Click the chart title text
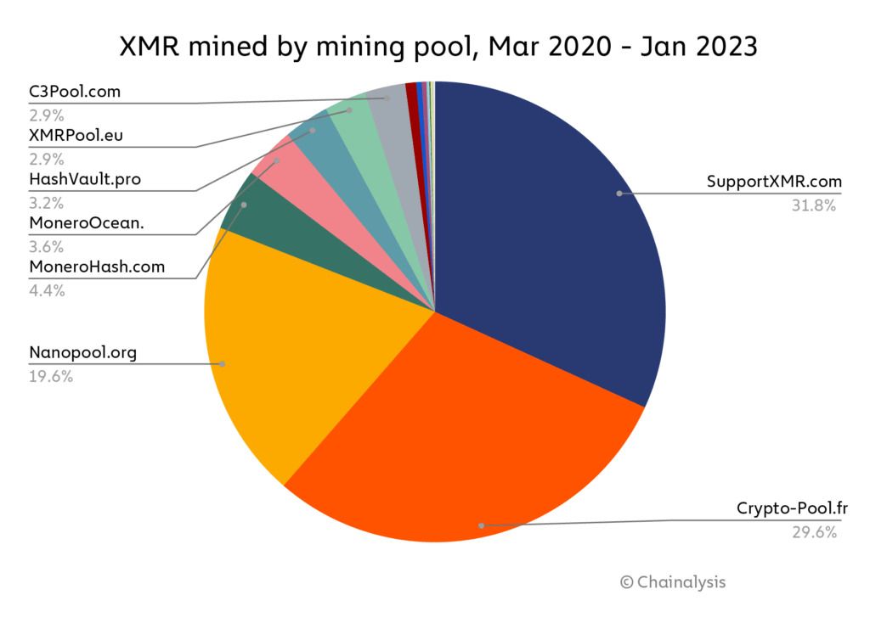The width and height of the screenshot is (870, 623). pyautogui.click(x=435, y=46)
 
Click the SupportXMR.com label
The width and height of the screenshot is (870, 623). pyautogui.click(x=774, y=182)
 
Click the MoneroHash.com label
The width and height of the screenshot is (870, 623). pyautogui.click(x=96, y=267)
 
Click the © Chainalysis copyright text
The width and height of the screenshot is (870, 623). pyautogui.click(x=673, y=582)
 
